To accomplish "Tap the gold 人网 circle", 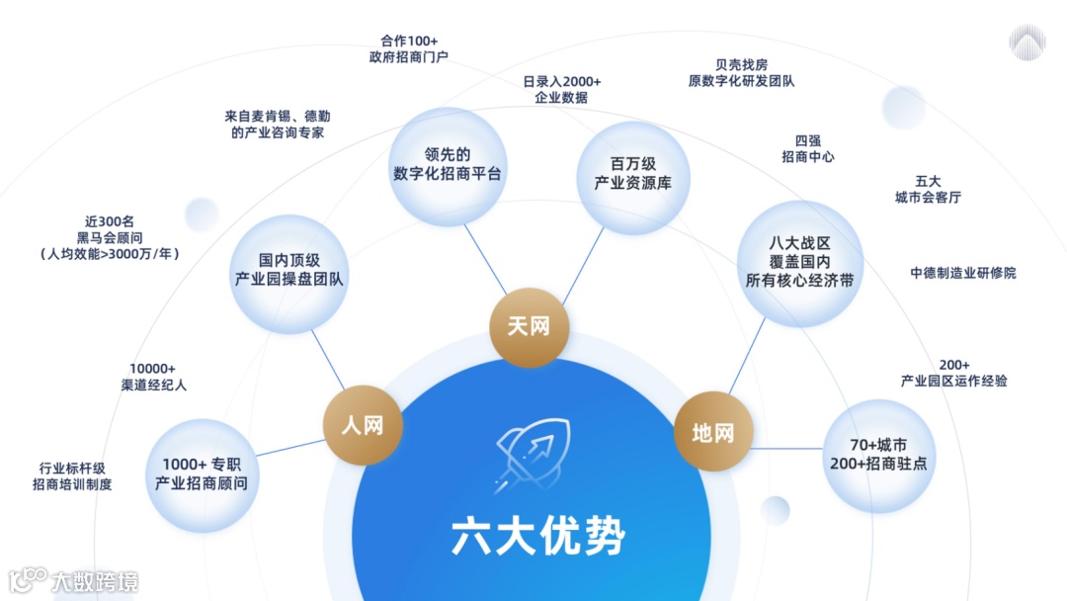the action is pyautogui.click(x=362, y=426).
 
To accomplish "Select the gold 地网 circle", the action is pyautogui.click(x=712, y=432).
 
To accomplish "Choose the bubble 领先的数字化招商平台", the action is pyautogui.click(x=448, y=164).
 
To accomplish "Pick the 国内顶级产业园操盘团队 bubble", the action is pyautogui.click(x=288, y=269).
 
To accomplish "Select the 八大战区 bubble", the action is pyautogui.click(x=799, y=262).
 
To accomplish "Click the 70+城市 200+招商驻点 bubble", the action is pyautogui.click(x=878, y=454).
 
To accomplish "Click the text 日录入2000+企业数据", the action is pyautogui.click(x=561, y=89).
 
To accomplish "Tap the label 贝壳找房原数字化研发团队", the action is pyautogui.click(x=741, y=73).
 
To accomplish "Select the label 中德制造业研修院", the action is pyautogui.click(x=962, y=273).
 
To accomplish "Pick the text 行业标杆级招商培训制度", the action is pyautogui.click(x=72, y=475).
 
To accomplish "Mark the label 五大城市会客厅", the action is pyautogui.click(x=927, y=189).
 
